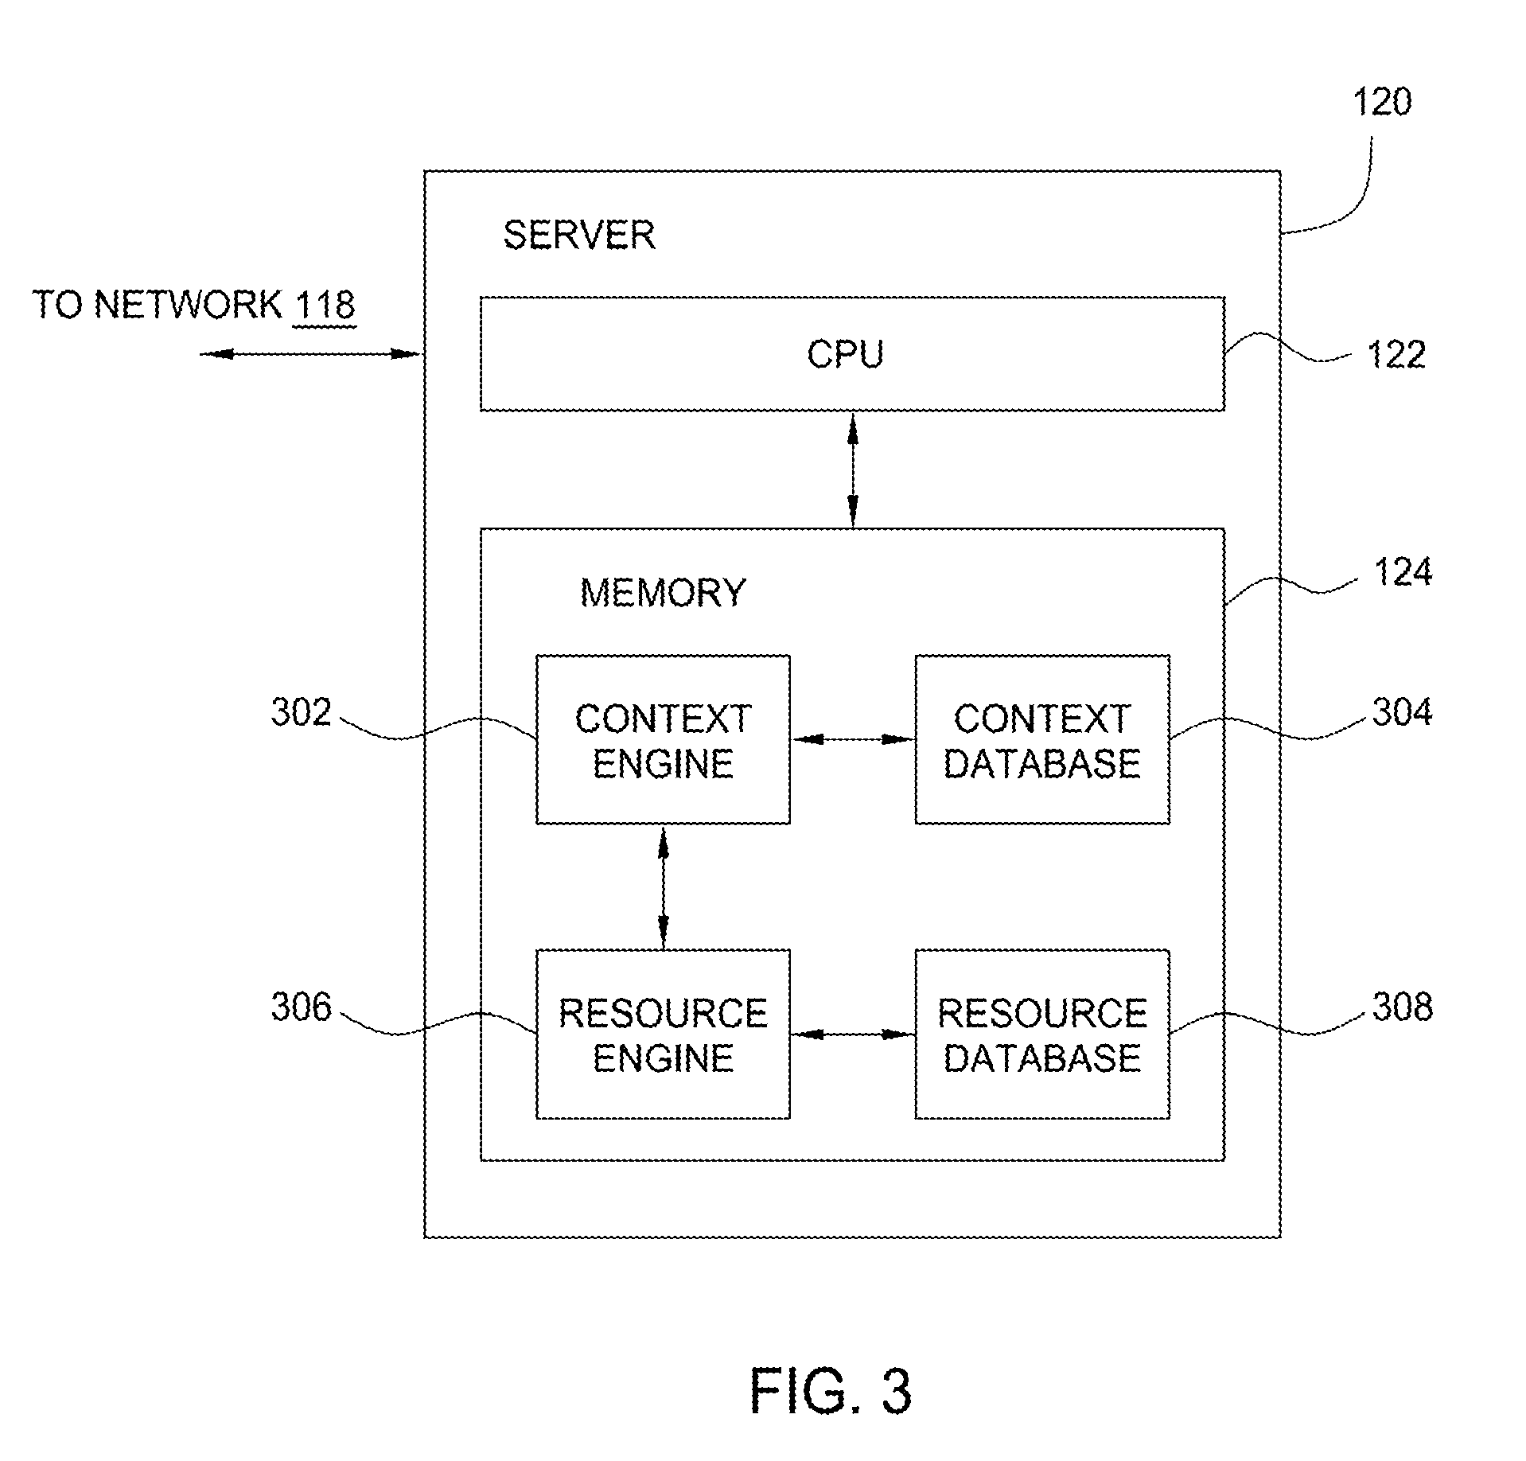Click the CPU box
(x=852, y=354)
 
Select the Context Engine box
(x=663, y=740)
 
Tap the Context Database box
(x=1042, y=740)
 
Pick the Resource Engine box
(x=663, y=1034)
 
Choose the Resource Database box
(x=1042, y=1034)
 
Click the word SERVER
(x=579, y=236)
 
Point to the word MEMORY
(x=663, y=593)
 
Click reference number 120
(x=1383, y=102)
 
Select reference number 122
(x=1396, y=354)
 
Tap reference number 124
(x=1403, y=572)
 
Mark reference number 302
(x=301, y=712)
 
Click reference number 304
(x=1403, y=712)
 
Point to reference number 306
(x=301, y=1007)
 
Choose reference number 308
(x=1403, y=1007)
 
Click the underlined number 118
(x=324, y=306)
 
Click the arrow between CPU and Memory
(x=853, y=469)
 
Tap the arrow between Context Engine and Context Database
(x=853, y=740)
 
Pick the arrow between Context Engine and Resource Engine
(x=663, y=887)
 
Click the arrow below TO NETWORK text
(x=309, y=354)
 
